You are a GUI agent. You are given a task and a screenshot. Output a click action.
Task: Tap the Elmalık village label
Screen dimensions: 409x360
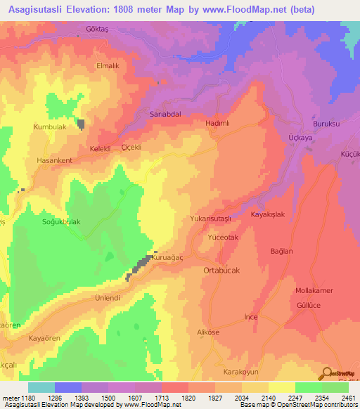109,65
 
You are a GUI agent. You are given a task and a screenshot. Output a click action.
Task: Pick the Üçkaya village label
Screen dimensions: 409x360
300,138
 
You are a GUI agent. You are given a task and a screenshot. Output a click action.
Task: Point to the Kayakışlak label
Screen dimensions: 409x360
268,215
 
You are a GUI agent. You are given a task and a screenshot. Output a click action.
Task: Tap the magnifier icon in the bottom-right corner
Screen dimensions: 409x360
327,375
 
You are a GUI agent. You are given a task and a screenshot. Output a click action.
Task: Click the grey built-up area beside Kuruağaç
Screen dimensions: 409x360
142,265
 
